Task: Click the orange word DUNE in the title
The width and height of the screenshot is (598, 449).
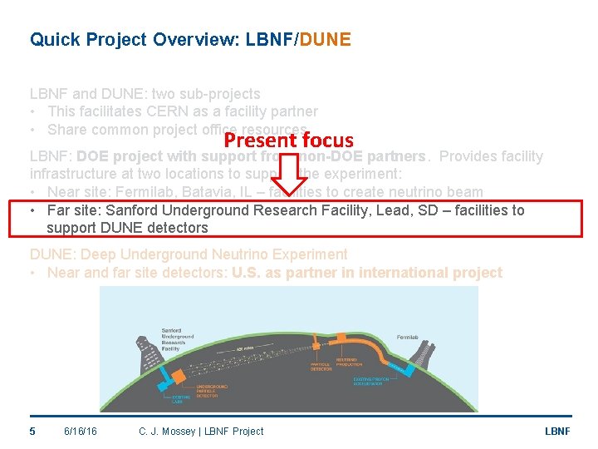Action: click(x=324, y=39)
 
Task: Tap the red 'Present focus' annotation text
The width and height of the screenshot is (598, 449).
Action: click(x=288, y=141)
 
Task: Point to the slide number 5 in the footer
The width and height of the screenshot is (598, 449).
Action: click(x=32, y=431)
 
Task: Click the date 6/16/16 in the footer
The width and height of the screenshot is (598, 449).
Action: click(x=80, y=431)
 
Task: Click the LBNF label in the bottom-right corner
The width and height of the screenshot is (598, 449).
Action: click(x=556, y=431)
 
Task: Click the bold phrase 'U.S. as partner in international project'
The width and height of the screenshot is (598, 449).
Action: click(x=367, y=273)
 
